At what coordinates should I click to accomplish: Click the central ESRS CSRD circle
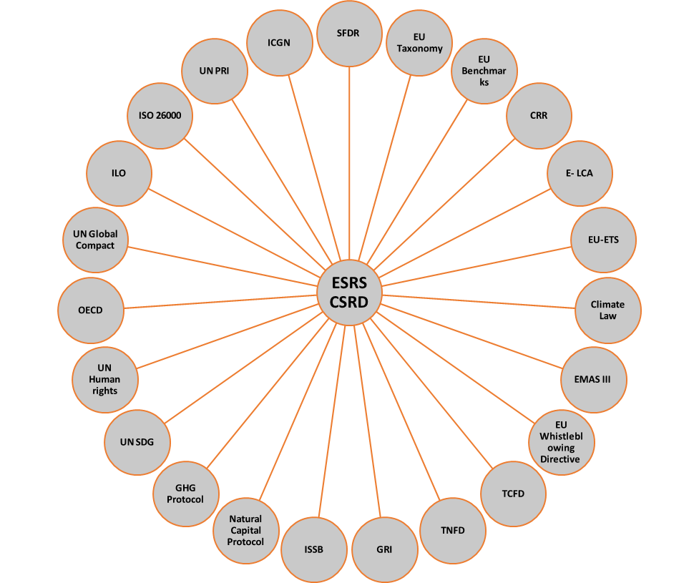349,293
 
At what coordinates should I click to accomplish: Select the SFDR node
349,34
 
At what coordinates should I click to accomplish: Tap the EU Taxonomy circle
419,43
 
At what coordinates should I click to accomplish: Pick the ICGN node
279,42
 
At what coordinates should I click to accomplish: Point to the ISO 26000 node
160,115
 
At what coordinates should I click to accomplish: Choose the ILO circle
118,173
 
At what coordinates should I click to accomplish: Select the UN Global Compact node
95,239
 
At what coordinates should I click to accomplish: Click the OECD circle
90,310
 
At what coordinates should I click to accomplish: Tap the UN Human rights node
104,380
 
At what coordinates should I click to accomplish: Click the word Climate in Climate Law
607,305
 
